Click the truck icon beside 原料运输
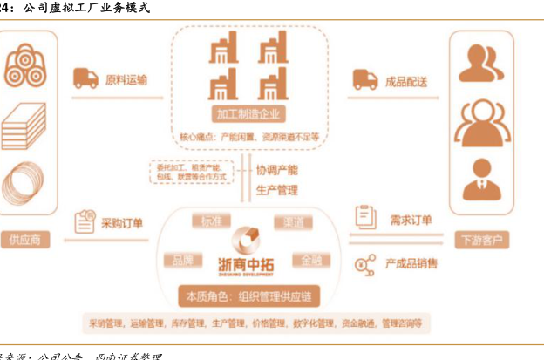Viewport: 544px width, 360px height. (x=85, y=79)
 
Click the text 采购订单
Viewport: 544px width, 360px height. (x=124, y=222)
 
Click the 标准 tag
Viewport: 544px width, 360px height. (x=211, y=221)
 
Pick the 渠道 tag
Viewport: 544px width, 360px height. (x=292, y=223)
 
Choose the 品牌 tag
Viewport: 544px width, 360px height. (x=182, y=260)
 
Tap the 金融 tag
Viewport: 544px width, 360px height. (x=311, y=260)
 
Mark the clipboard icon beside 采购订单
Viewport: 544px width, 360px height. (x=85, y=221)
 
